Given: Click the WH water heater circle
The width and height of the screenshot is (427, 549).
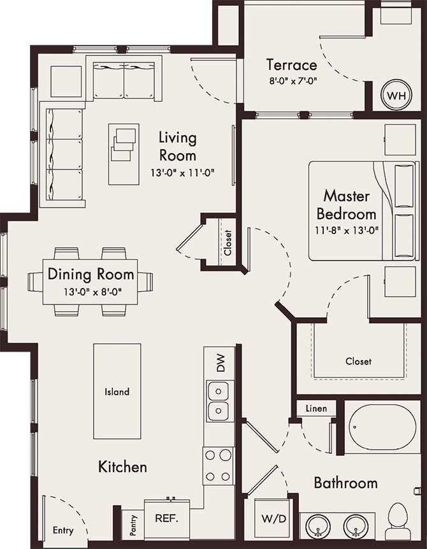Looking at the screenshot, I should pyautogui.click(x=396, y=97).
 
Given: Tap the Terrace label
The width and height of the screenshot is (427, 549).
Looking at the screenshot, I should pyautogui.click(x=292, y=65).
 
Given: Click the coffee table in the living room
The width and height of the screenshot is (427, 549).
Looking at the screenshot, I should pyautogui.click(x=124, y=153).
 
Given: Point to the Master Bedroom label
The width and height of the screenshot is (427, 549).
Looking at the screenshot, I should pyautogui.click(x=347, y=204).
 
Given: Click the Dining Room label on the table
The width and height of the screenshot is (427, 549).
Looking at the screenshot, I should pyautogui.click(x=91, y=275).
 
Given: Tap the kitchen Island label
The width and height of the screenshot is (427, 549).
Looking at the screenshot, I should pyautogui.click(x=117, y=392).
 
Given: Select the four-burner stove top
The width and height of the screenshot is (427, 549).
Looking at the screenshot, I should pyautogui.click(x=219, y=466).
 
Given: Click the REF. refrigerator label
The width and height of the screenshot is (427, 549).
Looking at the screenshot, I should pyautogui.click(x=167, y=518).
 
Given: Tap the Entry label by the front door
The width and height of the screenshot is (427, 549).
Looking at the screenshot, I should pyautogui.click(x=63, y=531).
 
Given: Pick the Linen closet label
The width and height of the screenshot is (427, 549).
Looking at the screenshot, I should pyautogui.click(x=316, y=409).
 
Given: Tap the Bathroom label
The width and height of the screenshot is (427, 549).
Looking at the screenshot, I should pyautogui.click(x=345, y=483).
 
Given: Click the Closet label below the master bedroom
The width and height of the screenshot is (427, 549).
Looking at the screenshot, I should pyautogui.click(x=358, y=361).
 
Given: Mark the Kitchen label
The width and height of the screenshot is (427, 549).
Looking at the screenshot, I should pyautogui.click(x=122, y=467).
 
